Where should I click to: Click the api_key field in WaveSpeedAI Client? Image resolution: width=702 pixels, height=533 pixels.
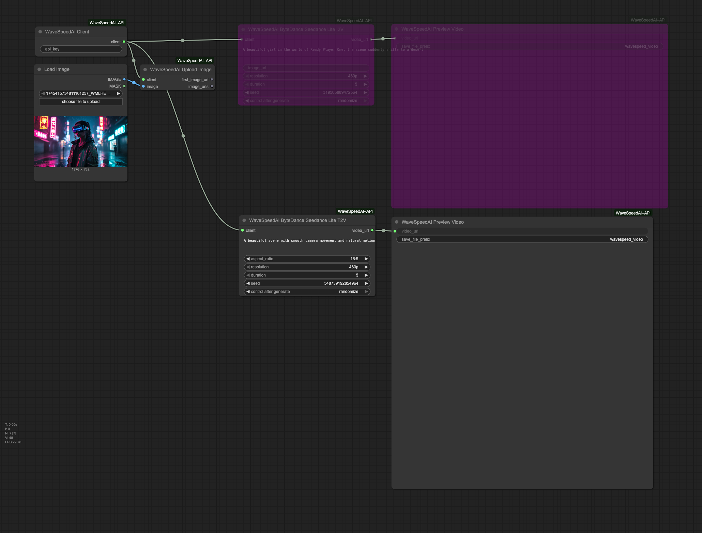pyautogui.click(x=81, y=49)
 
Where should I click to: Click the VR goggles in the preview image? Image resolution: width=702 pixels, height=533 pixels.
pyautogui.click(x=80, y=129)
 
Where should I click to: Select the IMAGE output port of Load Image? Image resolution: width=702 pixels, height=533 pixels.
pyautogui.click(x=124, y=79)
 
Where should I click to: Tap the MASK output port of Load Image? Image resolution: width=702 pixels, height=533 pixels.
pyautogui.click(x=124, y=86)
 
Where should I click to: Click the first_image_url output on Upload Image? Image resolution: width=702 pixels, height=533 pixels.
pyautogui.click(x=212, y=80)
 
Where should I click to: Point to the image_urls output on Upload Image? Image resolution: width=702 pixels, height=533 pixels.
pyautogui.click(x=212, y=87)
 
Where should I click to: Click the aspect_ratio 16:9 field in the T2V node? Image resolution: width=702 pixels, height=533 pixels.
pyautogui.click(x=307, y=259)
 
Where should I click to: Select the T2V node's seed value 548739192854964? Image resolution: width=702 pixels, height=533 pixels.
pyautogui.click(x=341, y=283)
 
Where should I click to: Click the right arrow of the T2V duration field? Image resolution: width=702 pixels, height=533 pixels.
pyautogui.click(x=366, y=275)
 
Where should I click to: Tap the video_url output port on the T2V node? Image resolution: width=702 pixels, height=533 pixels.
pyautogui.click(x=372, y=231)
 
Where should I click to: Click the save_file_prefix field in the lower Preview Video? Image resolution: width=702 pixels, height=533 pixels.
pyautogui.click(x=522, y=239)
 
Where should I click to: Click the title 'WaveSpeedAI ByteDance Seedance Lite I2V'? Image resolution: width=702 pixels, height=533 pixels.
pyautogui.click(x=295, y=30)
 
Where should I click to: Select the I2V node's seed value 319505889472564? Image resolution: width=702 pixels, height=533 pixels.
pyautogui.click(x=340, y=92)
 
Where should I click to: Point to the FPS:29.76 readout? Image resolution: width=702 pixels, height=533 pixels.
pyautogui.click(x=13, y=442)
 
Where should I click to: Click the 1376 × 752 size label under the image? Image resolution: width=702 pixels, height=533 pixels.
pyautogui.click(x=81, y=169)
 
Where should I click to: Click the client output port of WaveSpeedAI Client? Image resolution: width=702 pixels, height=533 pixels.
pyautogui.click(x=124, y=42)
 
